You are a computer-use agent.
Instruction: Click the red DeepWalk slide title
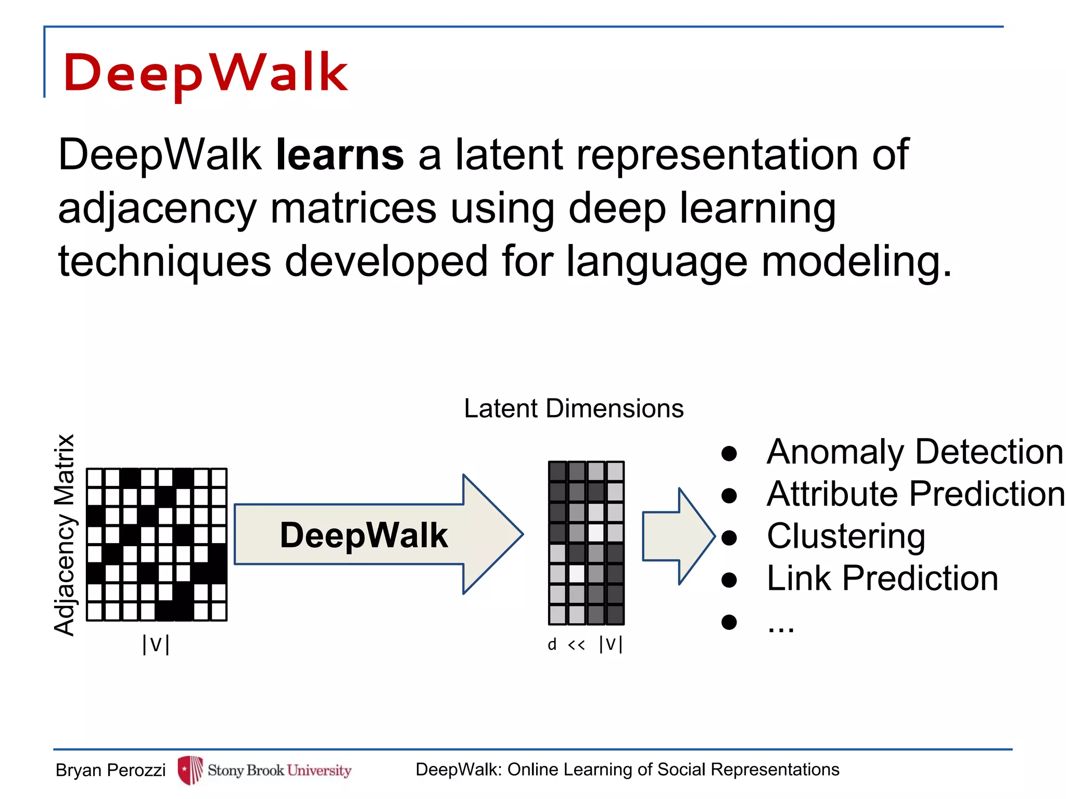[205, 73]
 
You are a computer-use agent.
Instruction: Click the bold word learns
[339, 154]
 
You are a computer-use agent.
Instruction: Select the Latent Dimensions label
[574, 408]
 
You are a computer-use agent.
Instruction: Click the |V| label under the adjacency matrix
[156, 645]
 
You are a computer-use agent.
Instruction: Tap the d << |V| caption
[585, 645]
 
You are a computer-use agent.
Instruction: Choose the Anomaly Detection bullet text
[915, 452]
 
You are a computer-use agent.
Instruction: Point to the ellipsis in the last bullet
[781, 626]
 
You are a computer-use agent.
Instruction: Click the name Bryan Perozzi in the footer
[110, 770]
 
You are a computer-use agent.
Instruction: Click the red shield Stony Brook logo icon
[190, 770]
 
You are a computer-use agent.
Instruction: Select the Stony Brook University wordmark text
[280, 770]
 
